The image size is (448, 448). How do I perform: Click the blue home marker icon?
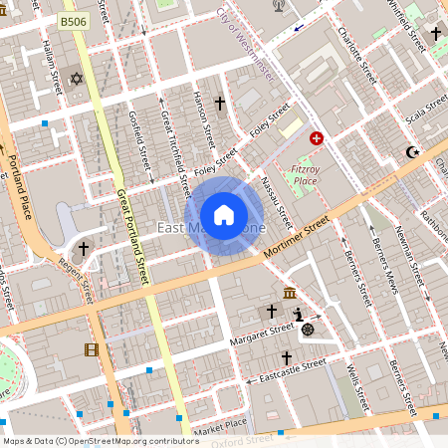point(224,215)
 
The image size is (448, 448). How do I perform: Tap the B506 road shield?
point(72,20)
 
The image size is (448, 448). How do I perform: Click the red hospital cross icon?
point(317,138)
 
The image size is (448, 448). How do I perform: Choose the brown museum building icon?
point(289,293)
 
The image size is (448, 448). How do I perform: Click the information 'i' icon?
point(298,314)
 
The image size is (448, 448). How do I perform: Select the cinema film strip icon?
point(92,349)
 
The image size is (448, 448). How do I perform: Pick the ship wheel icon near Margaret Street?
point(308,330)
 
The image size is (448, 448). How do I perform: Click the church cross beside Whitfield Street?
point(435,34)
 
